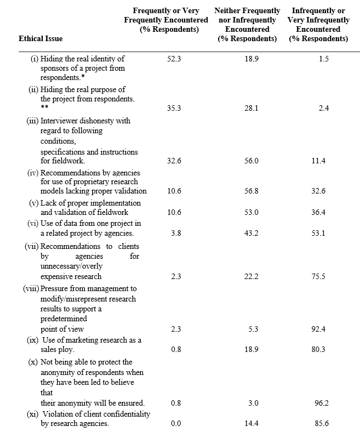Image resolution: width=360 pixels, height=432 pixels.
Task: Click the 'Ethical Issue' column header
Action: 41,38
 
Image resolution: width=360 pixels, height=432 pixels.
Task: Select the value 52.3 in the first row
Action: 173,59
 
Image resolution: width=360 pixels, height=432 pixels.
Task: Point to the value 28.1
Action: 252,109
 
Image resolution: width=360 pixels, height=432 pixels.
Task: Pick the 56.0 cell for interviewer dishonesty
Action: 252,161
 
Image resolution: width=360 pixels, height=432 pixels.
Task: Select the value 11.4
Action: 318,161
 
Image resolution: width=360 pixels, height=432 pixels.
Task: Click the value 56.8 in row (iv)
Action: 252,191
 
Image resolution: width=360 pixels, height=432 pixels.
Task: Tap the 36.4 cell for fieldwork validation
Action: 318,213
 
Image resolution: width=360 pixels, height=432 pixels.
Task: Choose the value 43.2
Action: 252,234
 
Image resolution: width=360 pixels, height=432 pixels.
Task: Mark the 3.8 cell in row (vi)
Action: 175,234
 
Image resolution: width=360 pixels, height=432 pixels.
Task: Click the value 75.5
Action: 318,276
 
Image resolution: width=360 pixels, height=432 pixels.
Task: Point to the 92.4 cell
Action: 318,329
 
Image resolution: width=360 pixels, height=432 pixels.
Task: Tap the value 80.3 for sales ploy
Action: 318,350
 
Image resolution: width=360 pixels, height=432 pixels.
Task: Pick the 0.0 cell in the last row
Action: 175,424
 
